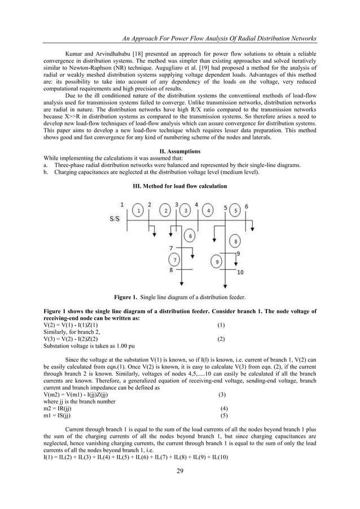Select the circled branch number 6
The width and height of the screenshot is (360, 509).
tap(191, 236)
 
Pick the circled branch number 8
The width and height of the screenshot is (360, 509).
tap(235, 242)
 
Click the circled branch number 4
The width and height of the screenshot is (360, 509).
tap(209, 211)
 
